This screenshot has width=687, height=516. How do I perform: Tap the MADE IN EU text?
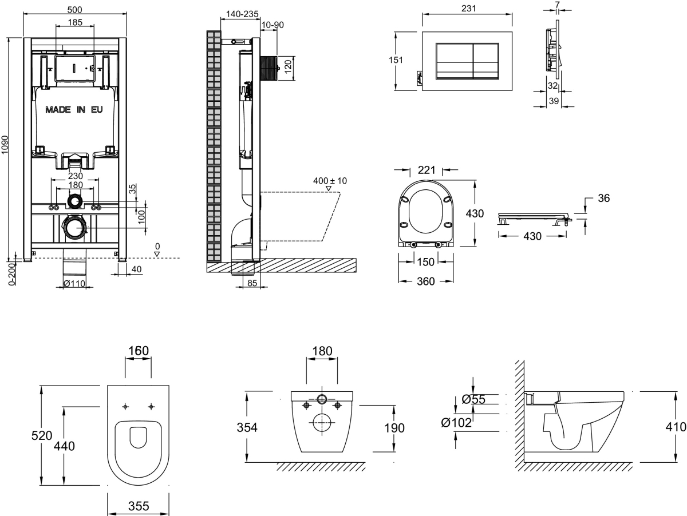pyautogui.click(x=74, y=109)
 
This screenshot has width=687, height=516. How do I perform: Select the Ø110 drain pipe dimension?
pyautogui.click(x=74, y=283)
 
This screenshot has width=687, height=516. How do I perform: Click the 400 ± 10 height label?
pyautogui.click(x=330, y=181)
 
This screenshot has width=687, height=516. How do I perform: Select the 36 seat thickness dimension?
pyautogui.click(x=603, y=199)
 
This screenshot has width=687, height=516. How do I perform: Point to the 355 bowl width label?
pyautogui.click(x=139, y=506)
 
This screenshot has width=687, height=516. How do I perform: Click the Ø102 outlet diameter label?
pyautogui.click(x=456, y=423)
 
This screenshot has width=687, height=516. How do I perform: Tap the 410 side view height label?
pyautogui.click(x=676, y=427)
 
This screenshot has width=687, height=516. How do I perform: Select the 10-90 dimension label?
pyautogui.click(x=273, y=25)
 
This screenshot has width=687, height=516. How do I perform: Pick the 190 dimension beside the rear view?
pyautogui.click(x=394, y=427)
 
